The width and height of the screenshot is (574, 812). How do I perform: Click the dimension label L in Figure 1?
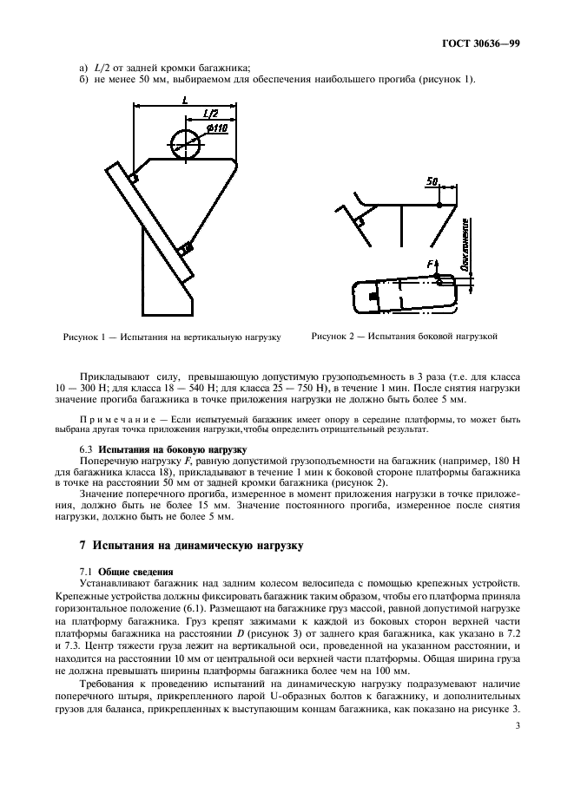pos(184,101)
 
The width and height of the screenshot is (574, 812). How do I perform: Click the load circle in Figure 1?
pos(186,143)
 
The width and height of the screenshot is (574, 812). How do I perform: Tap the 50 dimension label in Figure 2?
pos(432,181)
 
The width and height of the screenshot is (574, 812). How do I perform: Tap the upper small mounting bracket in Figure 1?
pos(133,178)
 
